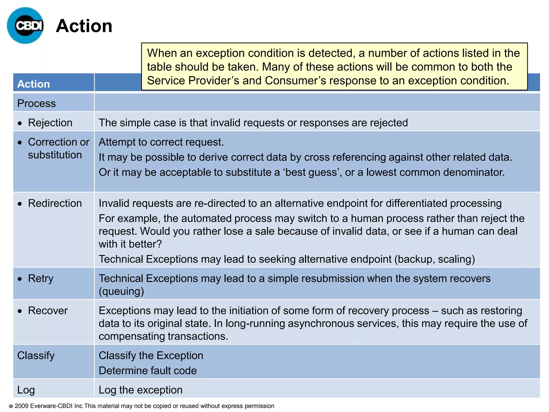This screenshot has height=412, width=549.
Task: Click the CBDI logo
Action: coord(25,26)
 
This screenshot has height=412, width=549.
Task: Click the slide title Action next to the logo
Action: coord(84,26)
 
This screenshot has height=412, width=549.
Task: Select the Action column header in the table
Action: coord(34,84)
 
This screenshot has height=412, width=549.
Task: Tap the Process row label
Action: coord(36,103)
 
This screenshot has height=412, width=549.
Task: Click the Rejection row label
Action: coord(50,123)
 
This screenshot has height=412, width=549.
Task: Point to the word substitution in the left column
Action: coord(55,155)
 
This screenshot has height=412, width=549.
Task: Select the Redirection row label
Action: coord(55,203)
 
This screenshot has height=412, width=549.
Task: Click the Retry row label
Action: coord(41,278)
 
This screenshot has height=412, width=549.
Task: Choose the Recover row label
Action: coord(48,310)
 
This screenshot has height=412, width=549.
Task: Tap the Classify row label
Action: coord(36,355)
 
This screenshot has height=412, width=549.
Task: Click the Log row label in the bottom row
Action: coord(26,390)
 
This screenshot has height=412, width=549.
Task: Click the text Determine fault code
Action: coord(148,370)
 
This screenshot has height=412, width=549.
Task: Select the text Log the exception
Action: coord(140,390)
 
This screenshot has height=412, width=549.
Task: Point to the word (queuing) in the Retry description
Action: coord(121,291)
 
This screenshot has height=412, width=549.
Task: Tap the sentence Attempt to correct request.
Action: coord(161,142)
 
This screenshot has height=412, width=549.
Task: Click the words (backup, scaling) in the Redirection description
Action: coord(435,259)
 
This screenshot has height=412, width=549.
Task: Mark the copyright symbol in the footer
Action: coord(11,406)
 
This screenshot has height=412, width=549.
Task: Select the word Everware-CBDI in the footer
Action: coord(51,406)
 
